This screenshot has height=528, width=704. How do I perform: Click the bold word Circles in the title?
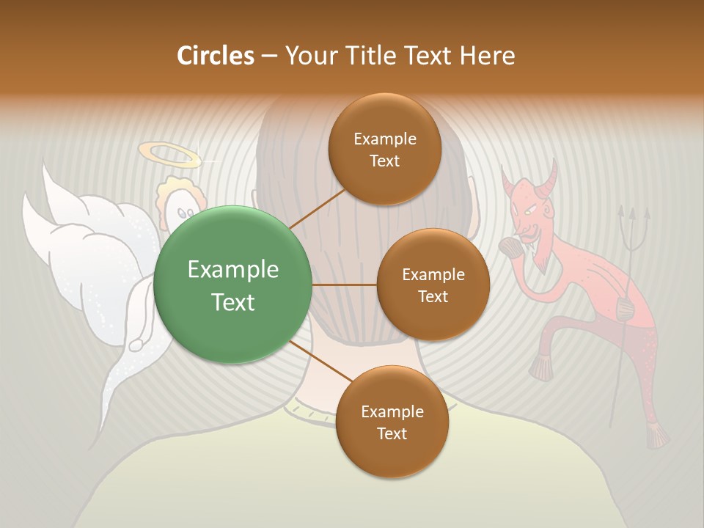pos(215,55)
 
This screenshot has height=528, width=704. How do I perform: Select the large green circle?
pos(232,285)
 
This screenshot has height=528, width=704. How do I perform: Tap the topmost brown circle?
pos(384,150)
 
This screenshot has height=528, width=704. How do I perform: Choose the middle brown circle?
pos(433,285)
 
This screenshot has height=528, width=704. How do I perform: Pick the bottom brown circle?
pos(392,422)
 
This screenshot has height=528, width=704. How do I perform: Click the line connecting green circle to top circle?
pos(318,208)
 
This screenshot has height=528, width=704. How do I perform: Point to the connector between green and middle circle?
pos(345,285)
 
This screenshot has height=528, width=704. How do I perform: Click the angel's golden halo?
pos(169,154)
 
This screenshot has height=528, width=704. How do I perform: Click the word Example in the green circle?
pos(232,270)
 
